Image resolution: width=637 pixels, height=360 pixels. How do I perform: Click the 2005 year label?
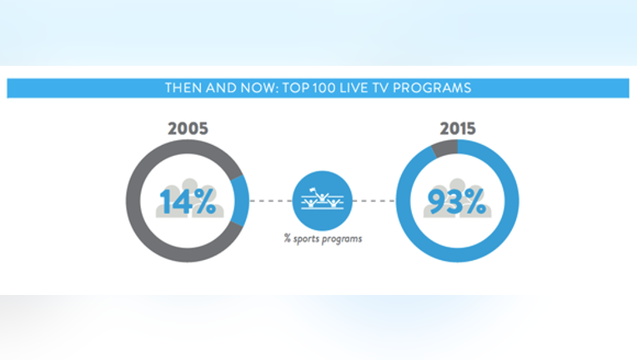[x=188, y=128]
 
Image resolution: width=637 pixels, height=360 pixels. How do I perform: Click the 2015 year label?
[x=458, y=128]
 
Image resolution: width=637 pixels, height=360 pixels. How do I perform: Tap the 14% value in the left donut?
[x=188, y=201]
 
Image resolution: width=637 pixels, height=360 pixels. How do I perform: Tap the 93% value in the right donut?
[x=457, y=201]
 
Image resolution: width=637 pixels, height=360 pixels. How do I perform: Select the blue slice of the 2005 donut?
[x=241, y=201]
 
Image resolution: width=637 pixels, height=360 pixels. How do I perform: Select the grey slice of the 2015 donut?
[x=445, y=148]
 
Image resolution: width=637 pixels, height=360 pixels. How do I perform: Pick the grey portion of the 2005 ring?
[x=133, y=201]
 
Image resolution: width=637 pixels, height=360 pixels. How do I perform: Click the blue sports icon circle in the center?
[x=322, y=201]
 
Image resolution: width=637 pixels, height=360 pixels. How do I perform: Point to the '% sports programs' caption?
[x=323, y=238]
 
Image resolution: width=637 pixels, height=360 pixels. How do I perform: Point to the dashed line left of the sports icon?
[x=271, y=201]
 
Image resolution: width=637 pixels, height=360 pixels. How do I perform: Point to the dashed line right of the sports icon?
[x=374, y=201]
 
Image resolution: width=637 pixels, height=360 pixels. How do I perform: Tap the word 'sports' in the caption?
[x=306, y=239]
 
